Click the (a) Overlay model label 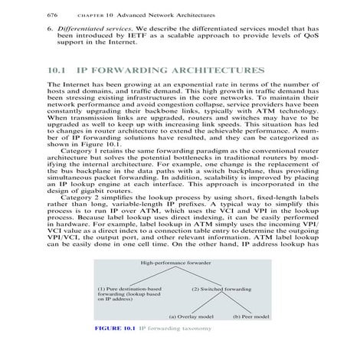(x=191, y=316)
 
